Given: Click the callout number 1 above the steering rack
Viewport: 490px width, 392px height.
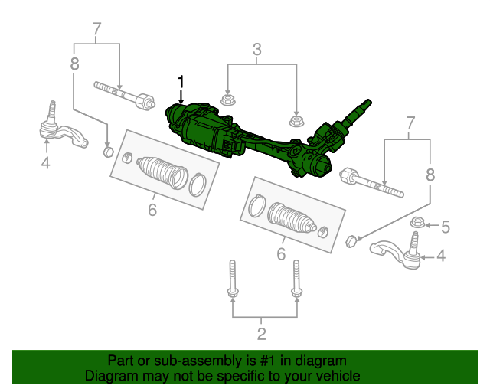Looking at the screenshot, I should coord(181,80).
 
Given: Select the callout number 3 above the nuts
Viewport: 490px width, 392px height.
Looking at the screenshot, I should coord(257,51).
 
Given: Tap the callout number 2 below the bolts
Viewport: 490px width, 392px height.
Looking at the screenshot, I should coord(262,333).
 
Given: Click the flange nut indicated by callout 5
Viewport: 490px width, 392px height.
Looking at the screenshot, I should coord(417,224).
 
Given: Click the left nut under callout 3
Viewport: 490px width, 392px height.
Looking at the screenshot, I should coord(227,100).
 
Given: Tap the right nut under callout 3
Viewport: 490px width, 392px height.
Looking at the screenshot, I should coord(296,120).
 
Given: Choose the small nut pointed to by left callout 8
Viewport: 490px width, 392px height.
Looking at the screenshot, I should coord(108,150).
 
